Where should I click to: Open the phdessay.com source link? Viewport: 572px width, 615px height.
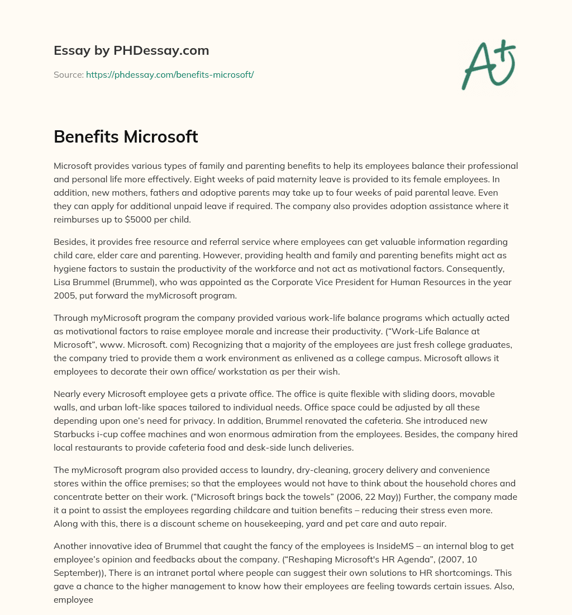tap(170, 74)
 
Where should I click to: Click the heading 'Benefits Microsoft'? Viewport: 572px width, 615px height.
tap(126, 136)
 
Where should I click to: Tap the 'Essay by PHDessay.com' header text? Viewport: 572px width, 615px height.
tap(131, 51)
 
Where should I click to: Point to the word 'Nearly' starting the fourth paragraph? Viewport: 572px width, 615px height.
tap(68, 394)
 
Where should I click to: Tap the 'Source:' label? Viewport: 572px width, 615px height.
tap(69, 74)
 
